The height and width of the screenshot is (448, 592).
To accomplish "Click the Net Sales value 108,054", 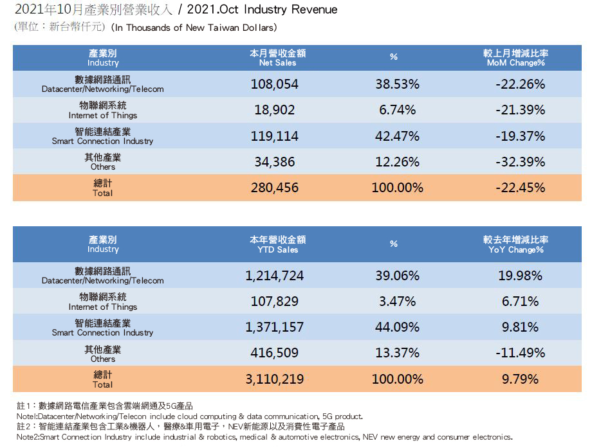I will pos(277,84).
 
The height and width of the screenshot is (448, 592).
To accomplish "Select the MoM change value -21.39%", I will pos(521,110).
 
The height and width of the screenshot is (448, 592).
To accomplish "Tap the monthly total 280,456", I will pos(277,188).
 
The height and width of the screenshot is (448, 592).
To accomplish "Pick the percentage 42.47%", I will pos(397,136).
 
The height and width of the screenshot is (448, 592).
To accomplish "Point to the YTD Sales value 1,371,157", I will pos(274,327).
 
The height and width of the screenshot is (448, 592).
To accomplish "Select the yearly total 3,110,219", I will pos(274,379).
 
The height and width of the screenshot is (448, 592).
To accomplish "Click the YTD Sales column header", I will pos(277,244).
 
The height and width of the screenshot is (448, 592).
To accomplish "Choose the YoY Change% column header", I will pos(515,244).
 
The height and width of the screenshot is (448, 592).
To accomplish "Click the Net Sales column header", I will pos(277,58).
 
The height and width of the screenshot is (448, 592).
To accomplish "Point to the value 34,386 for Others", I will pos(274,162).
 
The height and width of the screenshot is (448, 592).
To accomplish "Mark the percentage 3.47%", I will pos(397,301).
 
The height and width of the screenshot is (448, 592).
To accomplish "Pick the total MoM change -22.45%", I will pos(521,188).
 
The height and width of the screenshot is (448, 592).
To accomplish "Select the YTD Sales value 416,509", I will pos(274,353).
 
